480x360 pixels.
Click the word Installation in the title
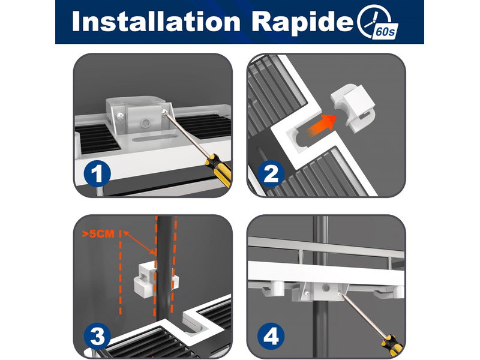[x=156, y=22]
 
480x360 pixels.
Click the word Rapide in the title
[x=304, y=22]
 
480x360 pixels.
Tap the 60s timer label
[x=385, y=31]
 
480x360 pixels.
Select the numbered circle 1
[x=97, y=173]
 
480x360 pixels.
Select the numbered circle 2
[x=271, y=173]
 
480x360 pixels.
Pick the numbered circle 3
[x=97, y=337]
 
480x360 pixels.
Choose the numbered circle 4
[x=271, y=337]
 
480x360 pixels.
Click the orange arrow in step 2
[x=322, y=125]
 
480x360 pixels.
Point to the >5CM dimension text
[x=98, y=234]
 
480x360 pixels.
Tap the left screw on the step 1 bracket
[x=121, y=116]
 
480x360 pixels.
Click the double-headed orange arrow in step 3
[x=139, y=243]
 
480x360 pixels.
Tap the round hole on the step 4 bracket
[x=326, y=288]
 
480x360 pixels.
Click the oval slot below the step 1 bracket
[x=152, y=139]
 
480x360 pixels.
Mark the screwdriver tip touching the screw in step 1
[x=166, y=112]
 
